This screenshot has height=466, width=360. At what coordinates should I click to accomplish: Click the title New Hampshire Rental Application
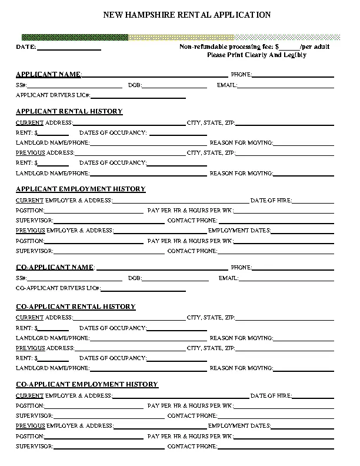(187, 15)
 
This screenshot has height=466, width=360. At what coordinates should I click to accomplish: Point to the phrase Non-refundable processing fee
(226, 46)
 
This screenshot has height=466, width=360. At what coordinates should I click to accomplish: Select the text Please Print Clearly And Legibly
(256, 55)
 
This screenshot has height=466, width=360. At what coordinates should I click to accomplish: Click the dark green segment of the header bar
(75, 37)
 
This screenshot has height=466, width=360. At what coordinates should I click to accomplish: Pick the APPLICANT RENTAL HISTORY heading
(69, 111)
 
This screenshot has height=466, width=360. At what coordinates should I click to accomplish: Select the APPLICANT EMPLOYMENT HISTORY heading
(81, 189)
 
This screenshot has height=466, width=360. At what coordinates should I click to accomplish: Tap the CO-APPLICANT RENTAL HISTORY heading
(75, 307)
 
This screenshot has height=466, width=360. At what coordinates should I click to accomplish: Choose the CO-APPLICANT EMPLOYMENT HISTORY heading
(87, 384)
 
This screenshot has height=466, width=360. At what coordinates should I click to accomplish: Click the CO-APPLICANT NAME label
(55, 267)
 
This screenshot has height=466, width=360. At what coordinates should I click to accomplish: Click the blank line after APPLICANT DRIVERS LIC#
(138, 95)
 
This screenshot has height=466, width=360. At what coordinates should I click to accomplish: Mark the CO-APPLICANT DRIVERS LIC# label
(58, 288)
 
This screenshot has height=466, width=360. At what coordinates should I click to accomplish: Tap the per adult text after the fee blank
(315, 46)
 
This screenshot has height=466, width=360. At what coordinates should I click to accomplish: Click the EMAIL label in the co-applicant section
(228, 278)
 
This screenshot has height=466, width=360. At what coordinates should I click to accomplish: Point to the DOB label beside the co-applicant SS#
(134, 278)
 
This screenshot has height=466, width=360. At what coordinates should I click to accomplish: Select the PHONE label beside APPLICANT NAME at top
(241, 75)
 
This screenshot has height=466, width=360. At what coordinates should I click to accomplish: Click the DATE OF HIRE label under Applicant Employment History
(271, 200)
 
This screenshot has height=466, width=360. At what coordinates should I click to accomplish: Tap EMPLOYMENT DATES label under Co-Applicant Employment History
(239, 425)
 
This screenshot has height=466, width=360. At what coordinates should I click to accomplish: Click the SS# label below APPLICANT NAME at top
(21, 85)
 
